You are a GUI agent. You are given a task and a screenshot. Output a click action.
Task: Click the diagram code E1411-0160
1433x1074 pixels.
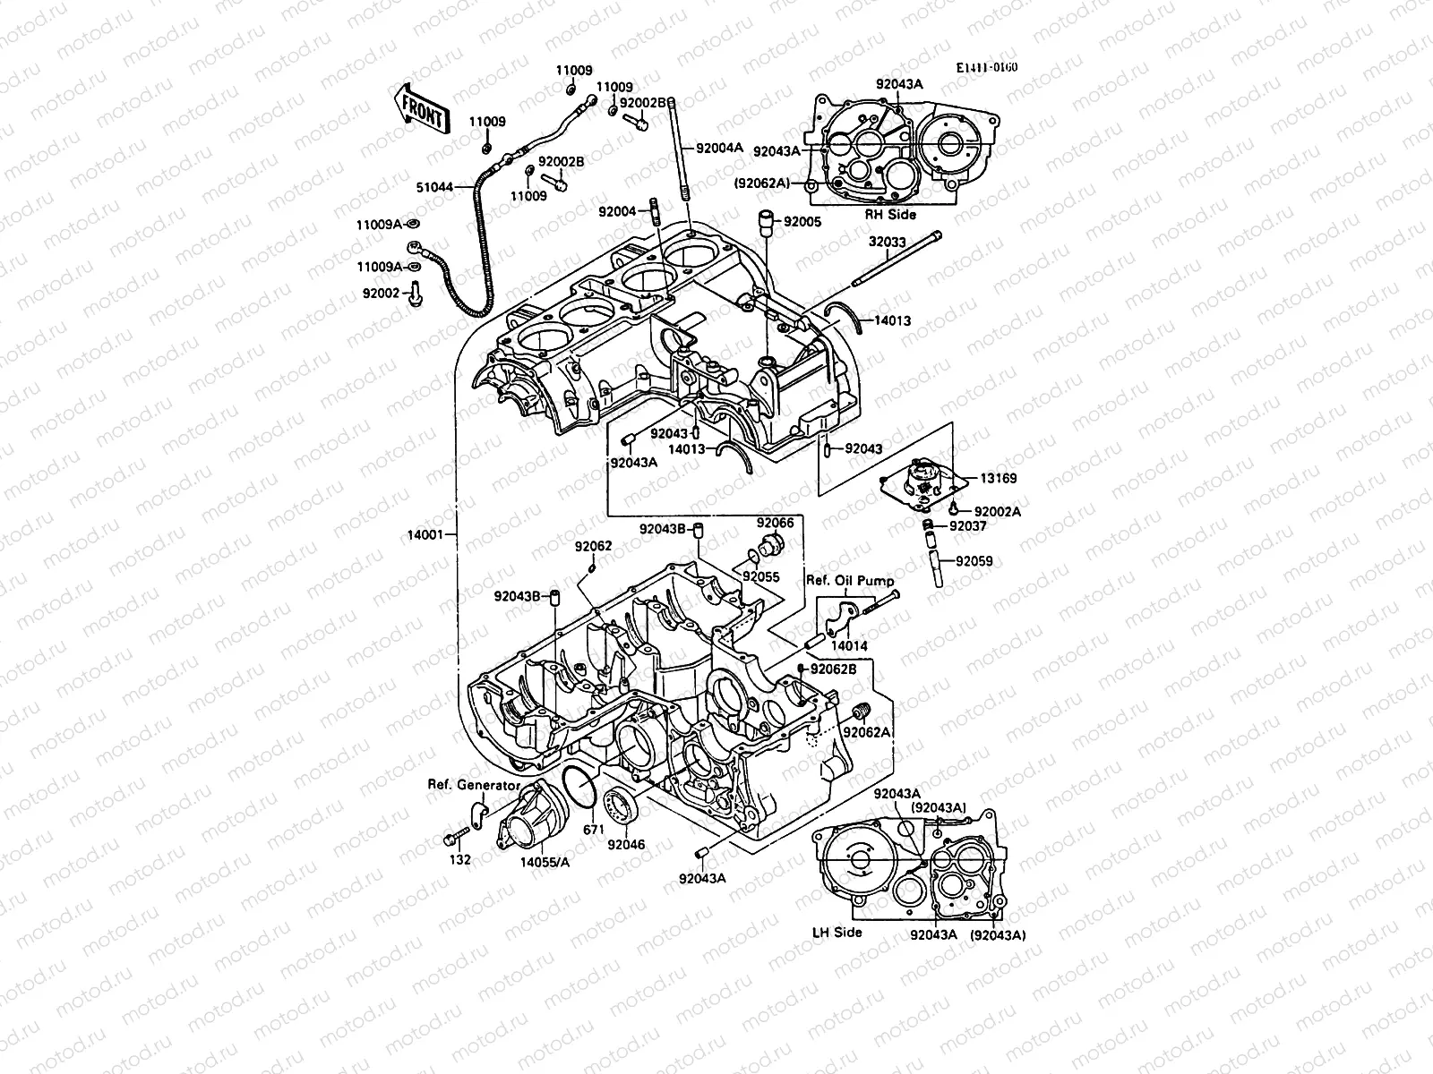[986, 68]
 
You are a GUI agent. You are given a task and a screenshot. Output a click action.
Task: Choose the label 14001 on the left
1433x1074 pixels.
[426, 534]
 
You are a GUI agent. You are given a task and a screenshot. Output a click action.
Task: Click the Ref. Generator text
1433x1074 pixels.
[473, 785]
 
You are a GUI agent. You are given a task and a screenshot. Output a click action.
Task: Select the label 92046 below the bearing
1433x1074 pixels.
[625, 844]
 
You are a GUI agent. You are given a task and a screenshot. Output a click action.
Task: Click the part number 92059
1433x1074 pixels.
[974, 562]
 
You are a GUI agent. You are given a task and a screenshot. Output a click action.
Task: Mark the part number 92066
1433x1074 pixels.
[775, 523]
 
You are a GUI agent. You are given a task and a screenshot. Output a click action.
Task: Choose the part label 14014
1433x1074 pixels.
[848, 644]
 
